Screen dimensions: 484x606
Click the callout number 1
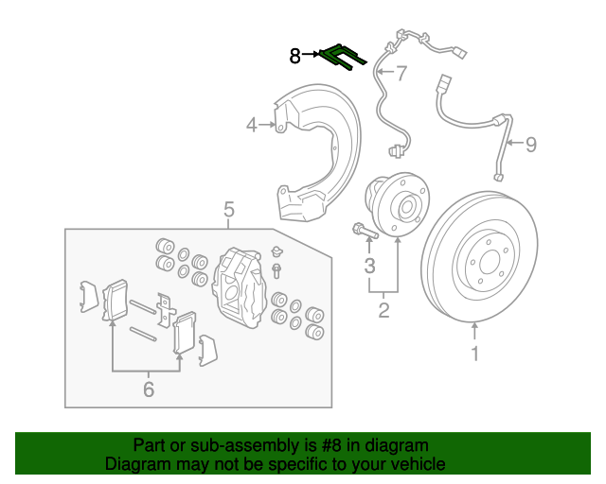[475, 354]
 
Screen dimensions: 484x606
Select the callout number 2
[383, 309]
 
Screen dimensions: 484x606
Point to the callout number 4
[252, 124]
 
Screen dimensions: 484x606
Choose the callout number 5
[228, 209]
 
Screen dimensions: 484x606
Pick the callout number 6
[148, 389]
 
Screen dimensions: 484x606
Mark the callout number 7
[401, 73]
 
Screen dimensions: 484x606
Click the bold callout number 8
[295, 57]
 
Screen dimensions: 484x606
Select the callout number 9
[530, 145]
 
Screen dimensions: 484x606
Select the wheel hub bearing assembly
[393, 201]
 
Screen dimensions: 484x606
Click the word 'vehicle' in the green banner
[416, 464]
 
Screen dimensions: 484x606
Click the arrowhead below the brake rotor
[475, 328]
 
